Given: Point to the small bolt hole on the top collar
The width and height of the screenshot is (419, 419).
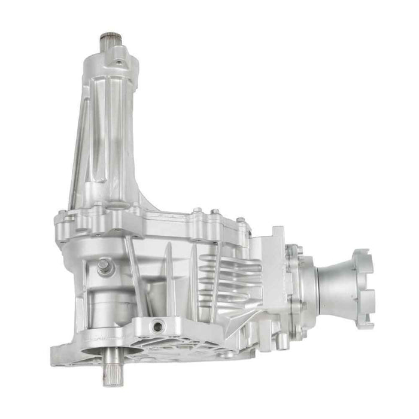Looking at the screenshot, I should (119, 62).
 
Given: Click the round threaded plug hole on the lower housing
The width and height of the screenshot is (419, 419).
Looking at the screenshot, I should (158, 326).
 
